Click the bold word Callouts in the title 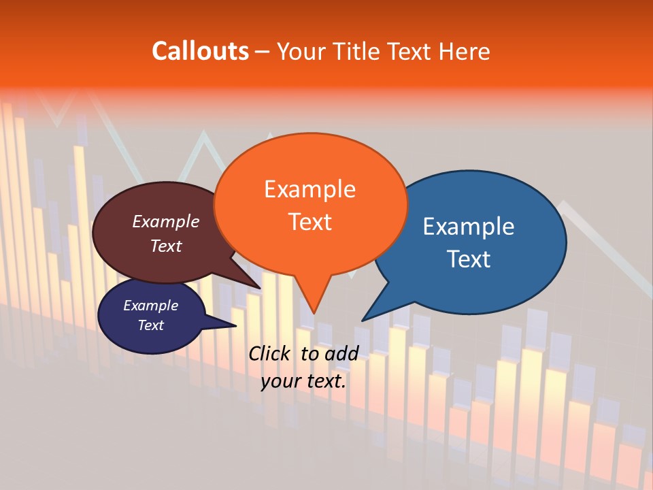coord(200,51)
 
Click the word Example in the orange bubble coord(309,189)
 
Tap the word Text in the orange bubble coord(309,222)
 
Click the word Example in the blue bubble coord(469,226)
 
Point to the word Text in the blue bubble coord(469,259)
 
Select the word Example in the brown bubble coord(165,221)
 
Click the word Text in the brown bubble coord(165,246)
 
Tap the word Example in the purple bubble coord(150,306)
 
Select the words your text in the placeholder coord(303,381)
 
